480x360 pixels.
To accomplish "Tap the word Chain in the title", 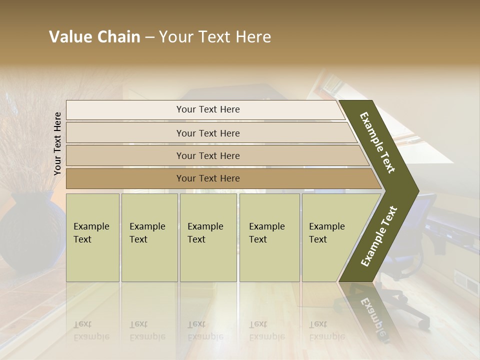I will [x=118, y=37].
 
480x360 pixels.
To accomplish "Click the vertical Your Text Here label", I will [x=58, y=144].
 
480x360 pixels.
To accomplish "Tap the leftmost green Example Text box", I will [x=92, y=237].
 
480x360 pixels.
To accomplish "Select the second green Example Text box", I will [x=149, y=237].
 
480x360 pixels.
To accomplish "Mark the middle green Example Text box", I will [x=208, y=237].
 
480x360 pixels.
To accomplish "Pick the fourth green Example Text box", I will [x=269, y=237].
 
